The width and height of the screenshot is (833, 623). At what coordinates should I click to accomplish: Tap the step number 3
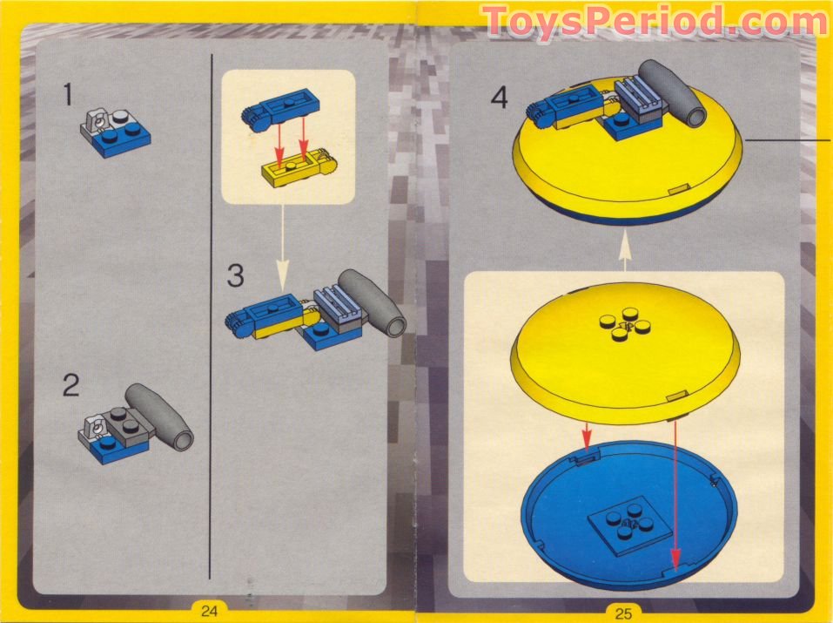click(236, 276)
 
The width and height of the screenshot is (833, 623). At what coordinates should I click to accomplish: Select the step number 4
click(499, 98)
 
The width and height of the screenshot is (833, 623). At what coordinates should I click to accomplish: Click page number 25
click(623, 613)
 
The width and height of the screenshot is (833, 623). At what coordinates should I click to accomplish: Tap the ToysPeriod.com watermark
click(654, 21)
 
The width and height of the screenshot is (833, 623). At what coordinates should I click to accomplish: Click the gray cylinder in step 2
click(160, 416)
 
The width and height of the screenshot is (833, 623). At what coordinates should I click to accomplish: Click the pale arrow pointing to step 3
click(282, 249)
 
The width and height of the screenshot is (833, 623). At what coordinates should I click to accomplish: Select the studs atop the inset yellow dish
click(623, 328)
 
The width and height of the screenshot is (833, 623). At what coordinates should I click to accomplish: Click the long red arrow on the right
click(675, 492)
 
